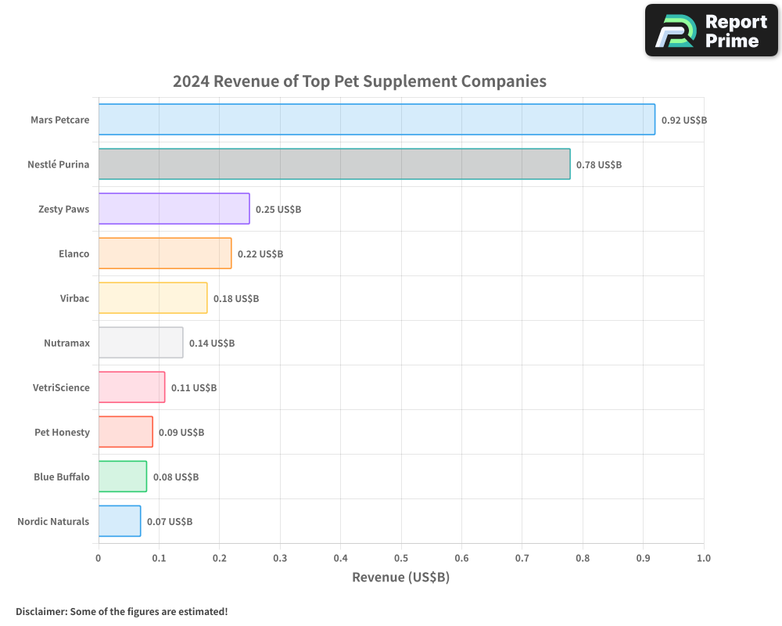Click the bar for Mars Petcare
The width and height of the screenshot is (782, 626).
coord(376,120)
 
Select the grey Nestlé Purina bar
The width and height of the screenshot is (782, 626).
coord(334,164)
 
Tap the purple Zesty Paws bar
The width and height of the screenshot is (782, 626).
coord(174,209)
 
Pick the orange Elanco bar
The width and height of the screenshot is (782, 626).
coord(165,254)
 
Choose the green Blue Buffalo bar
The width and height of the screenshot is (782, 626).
coord(123,477)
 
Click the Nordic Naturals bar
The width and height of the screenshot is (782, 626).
coord(120,521)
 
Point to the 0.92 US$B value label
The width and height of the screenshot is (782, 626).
coord(683,121)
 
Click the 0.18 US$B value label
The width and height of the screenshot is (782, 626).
coord(236,299)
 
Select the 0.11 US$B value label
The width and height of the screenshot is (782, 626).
coord(194,388)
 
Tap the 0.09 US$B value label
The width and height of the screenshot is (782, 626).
coord(181,433)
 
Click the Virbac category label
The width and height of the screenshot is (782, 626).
coord(74,298)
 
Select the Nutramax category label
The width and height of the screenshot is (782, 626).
coord(66,343)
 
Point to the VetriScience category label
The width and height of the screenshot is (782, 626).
coord(61,387)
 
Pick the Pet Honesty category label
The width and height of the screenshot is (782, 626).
coord(62,432)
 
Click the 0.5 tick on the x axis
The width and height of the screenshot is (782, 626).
coord(401,559)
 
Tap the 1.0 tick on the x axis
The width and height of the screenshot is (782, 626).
coord(703,559)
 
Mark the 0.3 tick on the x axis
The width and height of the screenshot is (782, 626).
coord(280,559)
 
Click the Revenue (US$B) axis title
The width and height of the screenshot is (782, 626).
coord(400,577)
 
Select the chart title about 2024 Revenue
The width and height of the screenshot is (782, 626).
coord(359,81)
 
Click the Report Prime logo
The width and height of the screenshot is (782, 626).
coord(711,31)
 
